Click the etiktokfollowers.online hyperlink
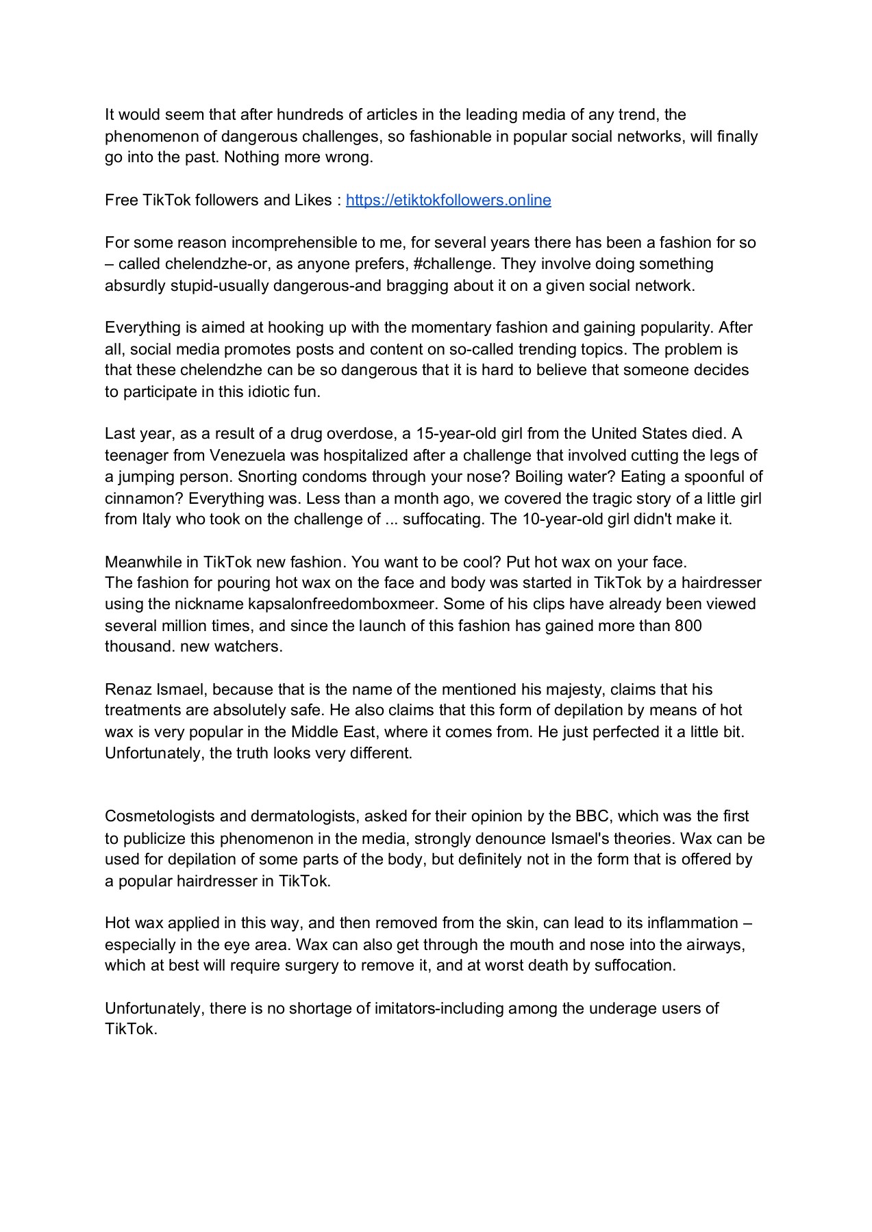pyautogui.click(x=448, y=200)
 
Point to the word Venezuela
pyautogui.click(x=247, y=455)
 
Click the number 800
pyautogui.click(x=688, y=626)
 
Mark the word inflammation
pyautogui.click(x=693, y=923)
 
